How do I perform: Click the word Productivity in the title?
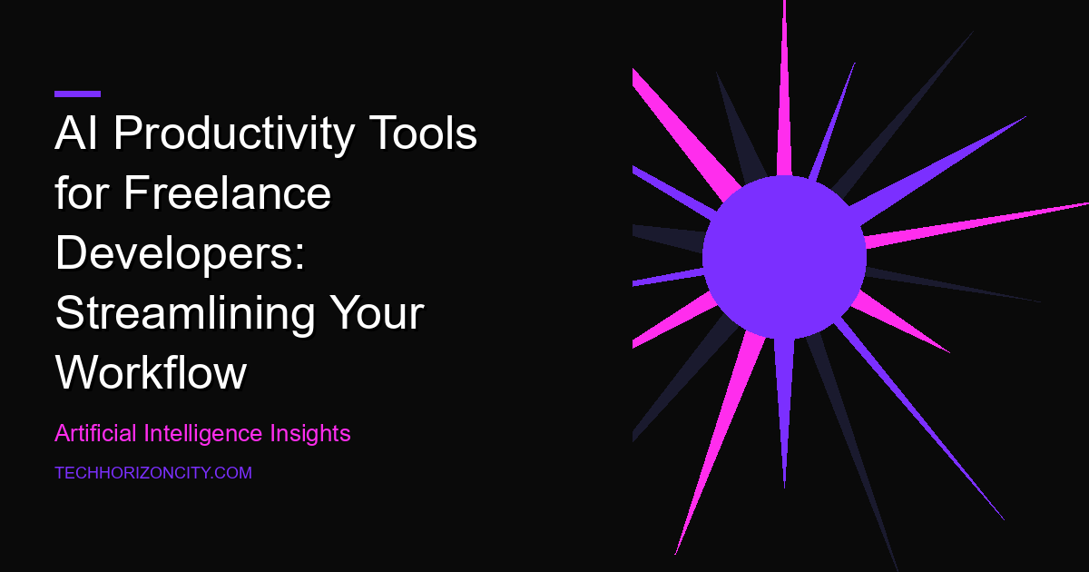(x=234, y=133)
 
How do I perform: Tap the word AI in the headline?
(x=76, y=133)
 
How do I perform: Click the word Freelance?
(x=228, y=192)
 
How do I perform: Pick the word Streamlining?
(x=185, y=314)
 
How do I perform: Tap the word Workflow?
(x=152, y=372)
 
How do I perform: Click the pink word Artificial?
(x=95, y=433)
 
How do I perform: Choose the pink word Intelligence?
(x=202, y=433)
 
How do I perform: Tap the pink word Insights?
(x=310, y=433)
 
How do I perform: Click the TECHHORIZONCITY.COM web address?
(x=153, y=473)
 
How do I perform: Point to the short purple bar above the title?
(x=78, y=94)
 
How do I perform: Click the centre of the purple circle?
(x=784, y=257)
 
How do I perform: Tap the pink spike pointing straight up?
(x=784, y=87)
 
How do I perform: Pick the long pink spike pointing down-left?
(x=720, y=443)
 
